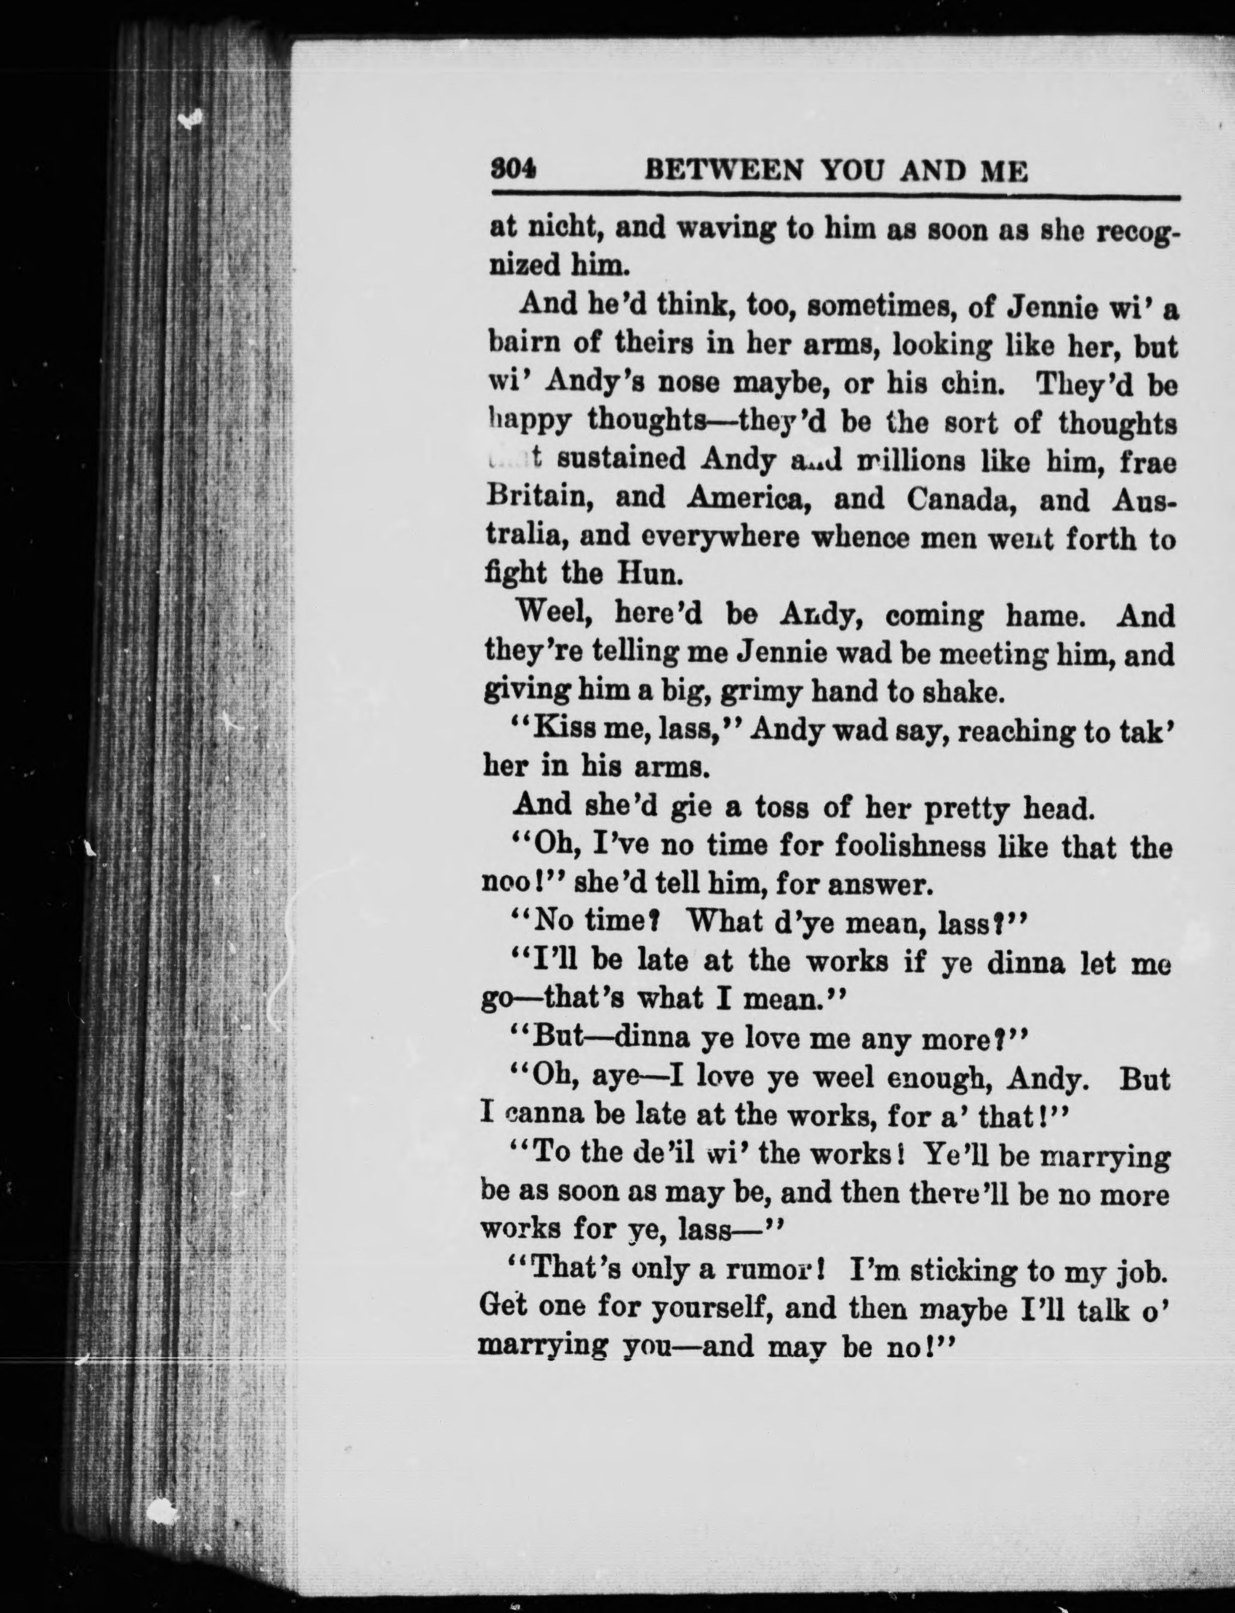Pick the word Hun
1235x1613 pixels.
(650, 573)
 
